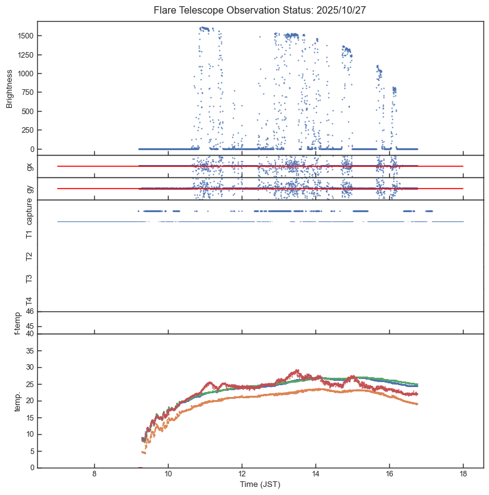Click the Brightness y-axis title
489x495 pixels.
pyautogui.click(x=10, y=87)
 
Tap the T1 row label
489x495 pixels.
pyautogui.click(x=29, y=234)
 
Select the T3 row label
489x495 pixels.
pyautogui.click(x=29, y=279)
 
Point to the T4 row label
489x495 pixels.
pyautogui.click(x=29, y=301)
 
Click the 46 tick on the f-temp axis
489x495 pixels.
pyautogui.click(x=29, y=311)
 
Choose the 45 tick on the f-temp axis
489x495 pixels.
pyautogui.click(x=29, y=326)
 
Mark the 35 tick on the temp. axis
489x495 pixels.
pyautogui.click(x=29, y=350)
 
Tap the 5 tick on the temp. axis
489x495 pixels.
pyautogui.click(x=30, y=451)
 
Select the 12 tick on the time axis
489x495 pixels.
pyautogui.click(x=242, y=475)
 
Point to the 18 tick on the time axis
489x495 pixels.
pyautogui.click(x=463, y=475)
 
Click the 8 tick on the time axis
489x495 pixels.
pyautogui.click(x=94, y=475)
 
